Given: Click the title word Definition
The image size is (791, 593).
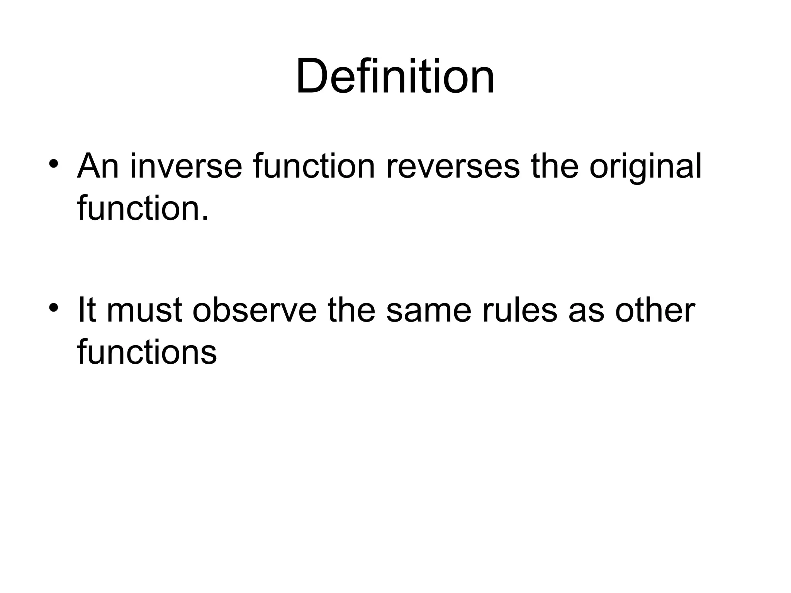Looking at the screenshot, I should pyautogui.click(x=395, y=76).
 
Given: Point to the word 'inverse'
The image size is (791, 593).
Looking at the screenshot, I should pyautogui.click(x=186, y=167).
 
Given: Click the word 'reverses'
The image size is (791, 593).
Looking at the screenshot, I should pyautogui.click(x=453, y=167).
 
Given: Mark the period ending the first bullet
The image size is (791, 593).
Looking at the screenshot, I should pyautogui.click(x=205, y=218).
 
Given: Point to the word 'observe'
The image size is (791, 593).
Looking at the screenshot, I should pyautogui.click(x=255, y=310).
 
